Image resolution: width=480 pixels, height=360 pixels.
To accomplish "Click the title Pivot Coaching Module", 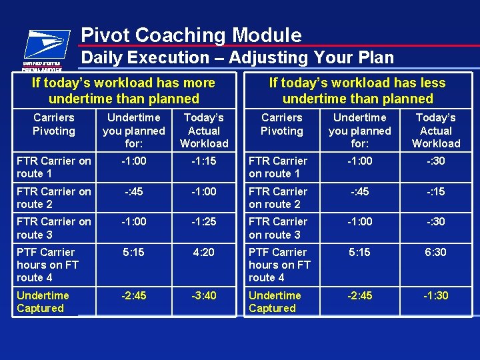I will pyautogui.click(x=191, y=35).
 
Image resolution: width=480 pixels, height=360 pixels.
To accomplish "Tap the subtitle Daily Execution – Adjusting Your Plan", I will pyautogui.click(x=237, y=58).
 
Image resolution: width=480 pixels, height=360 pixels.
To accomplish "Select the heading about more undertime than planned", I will pyautogui.click(x=124, y=91).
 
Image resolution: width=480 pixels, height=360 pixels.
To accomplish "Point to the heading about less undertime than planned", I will pyautogui.click(x=357, y=91).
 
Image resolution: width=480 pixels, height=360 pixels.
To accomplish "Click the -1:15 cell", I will pyautogui.click(x=204, y=161).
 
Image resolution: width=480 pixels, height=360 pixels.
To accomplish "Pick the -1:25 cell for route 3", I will pyautogui.click(x=204, y=221).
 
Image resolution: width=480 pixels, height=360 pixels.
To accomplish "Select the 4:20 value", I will pyautogui.click(x=204, y=252).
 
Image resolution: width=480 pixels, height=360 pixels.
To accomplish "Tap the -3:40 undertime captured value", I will pyautogui.click(x=204, y=295).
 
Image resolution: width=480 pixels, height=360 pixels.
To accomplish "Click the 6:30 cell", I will pyautogui.click(x=436, y=252).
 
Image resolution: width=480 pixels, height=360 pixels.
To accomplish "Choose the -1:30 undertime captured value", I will pyautogui.click(x=436, y=295).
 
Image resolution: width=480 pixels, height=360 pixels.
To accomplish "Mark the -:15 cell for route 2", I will pyautogui.click(x=436, y=191).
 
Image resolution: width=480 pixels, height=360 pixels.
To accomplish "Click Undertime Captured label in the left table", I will pyautogui.click(x=43, y=301).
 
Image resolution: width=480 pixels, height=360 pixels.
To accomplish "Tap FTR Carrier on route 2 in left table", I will pyautogui.click(x=53, y=197).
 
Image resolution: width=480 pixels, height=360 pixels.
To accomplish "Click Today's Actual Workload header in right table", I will pyautogui.click(x=436, y=131).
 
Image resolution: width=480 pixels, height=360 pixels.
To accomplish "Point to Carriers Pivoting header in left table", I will pyautogui.click(x=53, y=124).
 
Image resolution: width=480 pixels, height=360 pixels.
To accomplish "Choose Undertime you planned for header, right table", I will pyautogui.click(x=360, y=131).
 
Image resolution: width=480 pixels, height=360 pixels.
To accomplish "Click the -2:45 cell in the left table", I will pyautogui.click(x=133, y=295).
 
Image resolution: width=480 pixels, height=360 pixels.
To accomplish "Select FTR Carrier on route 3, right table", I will pyautogui.click(x=277, y=228).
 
